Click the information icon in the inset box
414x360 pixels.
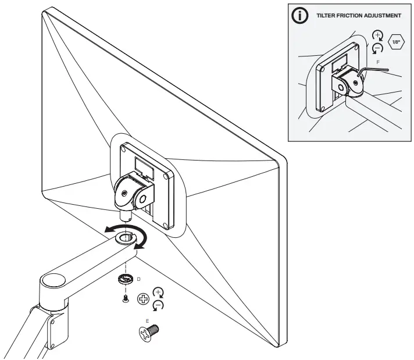coord(300,16)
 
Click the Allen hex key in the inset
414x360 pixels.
coord(373,70)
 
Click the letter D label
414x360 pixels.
coord(138,280)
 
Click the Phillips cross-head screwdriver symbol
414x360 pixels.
coord(142,300)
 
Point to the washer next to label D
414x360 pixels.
coord(124,280)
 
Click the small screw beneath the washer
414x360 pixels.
coord(125,298)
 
